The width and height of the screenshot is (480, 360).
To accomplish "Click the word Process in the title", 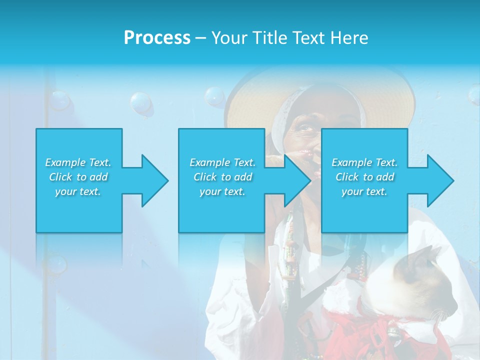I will pos(157,38).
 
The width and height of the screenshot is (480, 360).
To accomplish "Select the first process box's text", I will pos(78,177).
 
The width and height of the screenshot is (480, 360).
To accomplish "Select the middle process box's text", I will pos(222,177).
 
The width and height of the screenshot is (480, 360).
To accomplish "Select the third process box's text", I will pos(364,177).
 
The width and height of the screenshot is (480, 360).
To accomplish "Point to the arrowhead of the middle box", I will pos(297,180).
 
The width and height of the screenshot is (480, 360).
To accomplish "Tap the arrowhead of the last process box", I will pos(440,180).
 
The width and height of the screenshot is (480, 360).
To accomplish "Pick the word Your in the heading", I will pos(229,38).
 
